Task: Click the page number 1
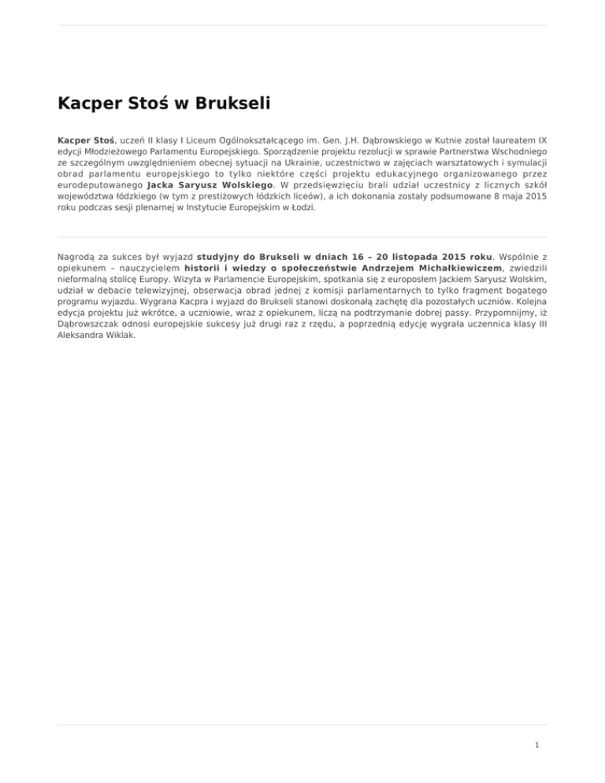pyautogui.click(x=536, y=745)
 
